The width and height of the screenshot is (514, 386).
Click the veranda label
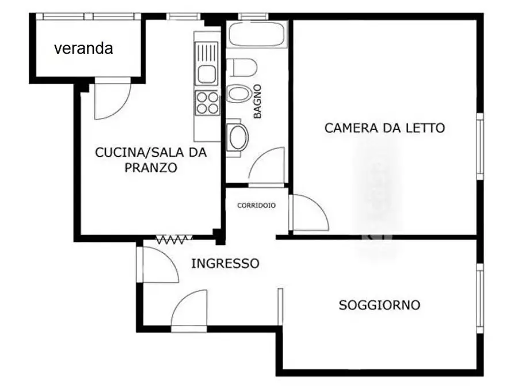(83, 48)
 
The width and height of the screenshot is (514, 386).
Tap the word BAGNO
(257, 101)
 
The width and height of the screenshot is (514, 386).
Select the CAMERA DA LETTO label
(384, 128)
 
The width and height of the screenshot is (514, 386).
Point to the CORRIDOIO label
(256, 205)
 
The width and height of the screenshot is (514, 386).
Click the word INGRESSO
(225, 264)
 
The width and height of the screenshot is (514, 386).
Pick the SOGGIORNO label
(379, 305)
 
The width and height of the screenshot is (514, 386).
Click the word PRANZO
(150, 168)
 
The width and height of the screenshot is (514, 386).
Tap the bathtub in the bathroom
(257, 33)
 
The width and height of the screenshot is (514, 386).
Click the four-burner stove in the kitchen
(207, 103)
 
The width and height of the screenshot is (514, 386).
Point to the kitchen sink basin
(206, 74)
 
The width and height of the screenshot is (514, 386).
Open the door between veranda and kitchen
(111, 100)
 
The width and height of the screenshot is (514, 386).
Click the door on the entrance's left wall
(157, 264)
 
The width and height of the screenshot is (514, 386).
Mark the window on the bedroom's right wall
(479, 146)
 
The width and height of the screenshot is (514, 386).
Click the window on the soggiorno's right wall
(479, 299)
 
